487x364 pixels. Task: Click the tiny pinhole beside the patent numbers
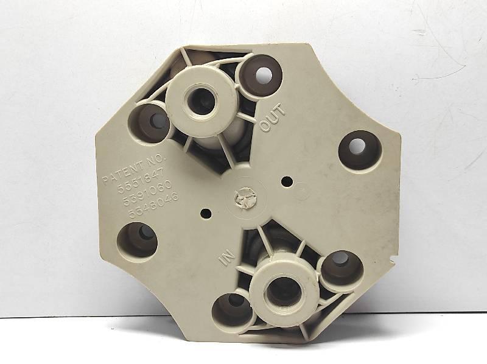[x=205, y=214]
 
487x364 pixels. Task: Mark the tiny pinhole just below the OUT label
[x=286, y=181]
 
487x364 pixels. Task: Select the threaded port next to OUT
[x=199, y=100]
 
